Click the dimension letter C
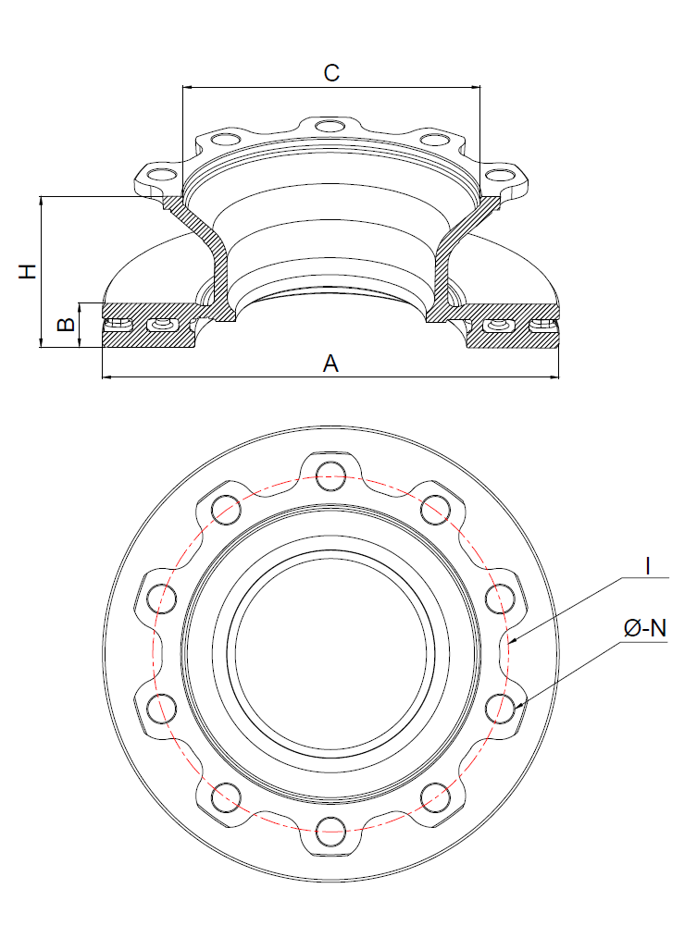[331, 73]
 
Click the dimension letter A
[330, 364]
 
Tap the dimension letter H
[29, 271]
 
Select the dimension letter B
[66, 325]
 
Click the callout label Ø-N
[645, 629]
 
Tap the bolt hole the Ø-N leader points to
[501, 707]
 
